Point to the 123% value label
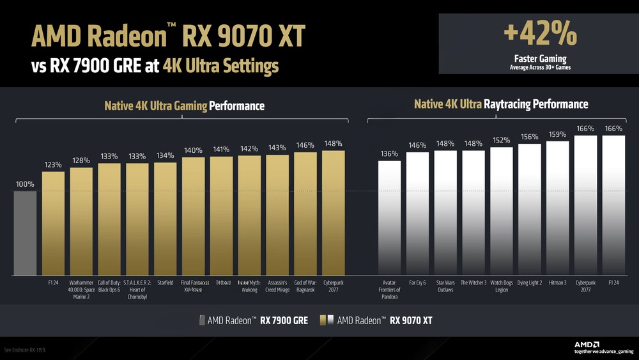(53, 165)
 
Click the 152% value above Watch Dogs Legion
(502, 141)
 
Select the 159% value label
(557, 134)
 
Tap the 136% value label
(389, 154)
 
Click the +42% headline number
(537, 35)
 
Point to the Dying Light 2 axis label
(529, 283)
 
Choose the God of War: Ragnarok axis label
(305, 286)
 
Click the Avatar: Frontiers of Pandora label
(389, 290)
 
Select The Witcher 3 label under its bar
(473, 283)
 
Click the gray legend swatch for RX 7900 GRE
(203, 320)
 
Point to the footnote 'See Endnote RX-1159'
(26, 350)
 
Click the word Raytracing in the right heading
(518, 104)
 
